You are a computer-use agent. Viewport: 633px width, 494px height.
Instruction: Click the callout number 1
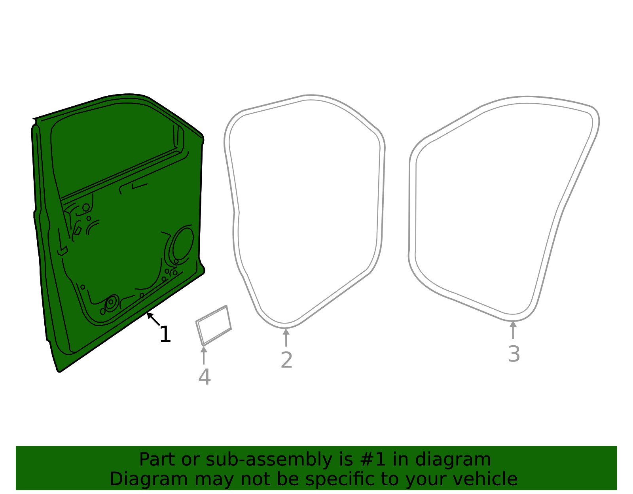click(165, 335)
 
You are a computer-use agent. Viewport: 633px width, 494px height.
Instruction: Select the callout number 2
click(286, 360)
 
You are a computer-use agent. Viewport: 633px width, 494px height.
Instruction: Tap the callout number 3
click(514, 354)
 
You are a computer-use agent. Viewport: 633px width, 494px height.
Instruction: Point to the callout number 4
click(204, 377)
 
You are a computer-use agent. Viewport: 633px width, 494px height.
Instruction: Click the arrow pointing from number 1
click(153, 319)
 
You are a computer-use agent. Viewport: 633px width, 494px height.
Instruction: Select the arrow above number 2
click(286, 337)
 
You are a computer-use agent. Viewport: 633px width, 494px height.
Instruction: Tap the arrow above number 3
click(513, 330)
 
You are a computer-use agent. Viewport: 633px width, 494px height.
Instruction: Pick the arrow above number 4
click(204, 355)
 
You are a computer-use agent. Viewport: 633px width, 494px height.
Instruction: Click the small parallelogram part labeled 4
click(214, 326)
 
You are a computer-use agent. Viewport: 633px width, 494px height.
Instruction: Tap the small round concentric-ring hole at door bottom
click(111, 302)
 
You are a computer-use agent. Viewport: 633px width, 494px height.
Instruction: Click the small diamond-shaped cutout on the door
click(78, 230)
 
